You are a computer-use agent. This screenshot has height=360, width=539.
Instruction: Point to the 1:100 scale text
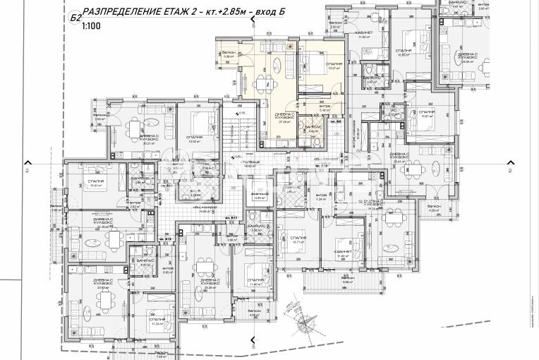tap(90, 25)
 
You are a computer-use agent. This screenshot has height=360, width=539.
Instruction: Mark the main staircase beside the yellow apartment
tap(244, 131)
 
